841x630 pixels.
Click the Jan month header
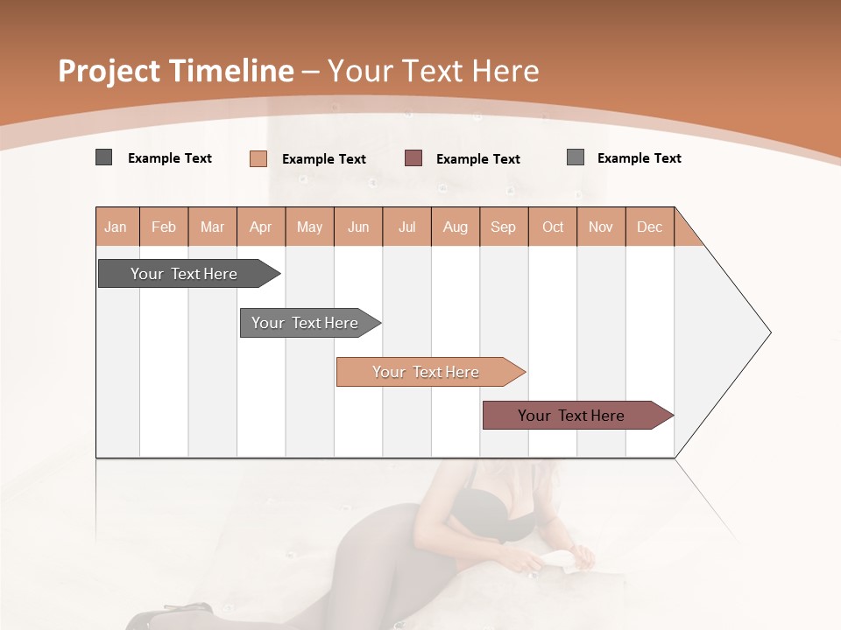pos(117,227)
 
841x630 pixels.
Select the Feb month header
pos(164,227)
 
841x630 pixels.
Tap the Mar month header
pos(212,227)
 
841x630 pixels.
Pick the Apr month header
pos(261,227)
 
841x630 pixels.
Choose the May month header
pos(309,227)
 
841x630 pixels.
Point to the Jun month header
pos(358,227)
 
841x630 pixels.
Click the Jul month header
pos(406,227)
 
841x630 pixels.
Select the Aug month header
pos(456,227)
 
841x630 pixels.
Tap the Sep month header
pos(504,227)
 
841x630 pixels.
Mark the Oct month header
pos(553,227)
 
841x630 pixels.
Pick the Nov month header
pos(601,227)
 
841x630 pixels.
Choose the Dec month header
pos(650,227)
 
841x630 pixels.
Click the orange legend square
pos(258,158)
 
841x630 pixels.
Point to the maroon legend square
pos(413,158)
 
